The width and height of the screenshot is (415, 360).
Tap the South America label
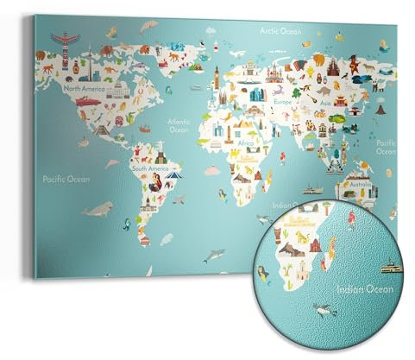point(150,168)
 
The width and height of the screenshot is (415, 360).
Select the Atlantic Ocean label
point(179,126)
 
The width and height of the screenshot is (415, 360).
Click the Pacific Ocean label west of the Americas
point(66,179)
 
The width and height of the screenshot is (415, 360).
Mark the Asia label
point(324,104)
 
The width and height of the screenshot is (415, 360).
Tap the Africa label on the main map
point(246,143)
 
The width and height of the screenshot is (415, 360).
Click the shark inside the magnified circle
point(322,307)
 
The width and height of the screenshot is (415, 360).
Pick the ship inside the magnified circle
point(392,268)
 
